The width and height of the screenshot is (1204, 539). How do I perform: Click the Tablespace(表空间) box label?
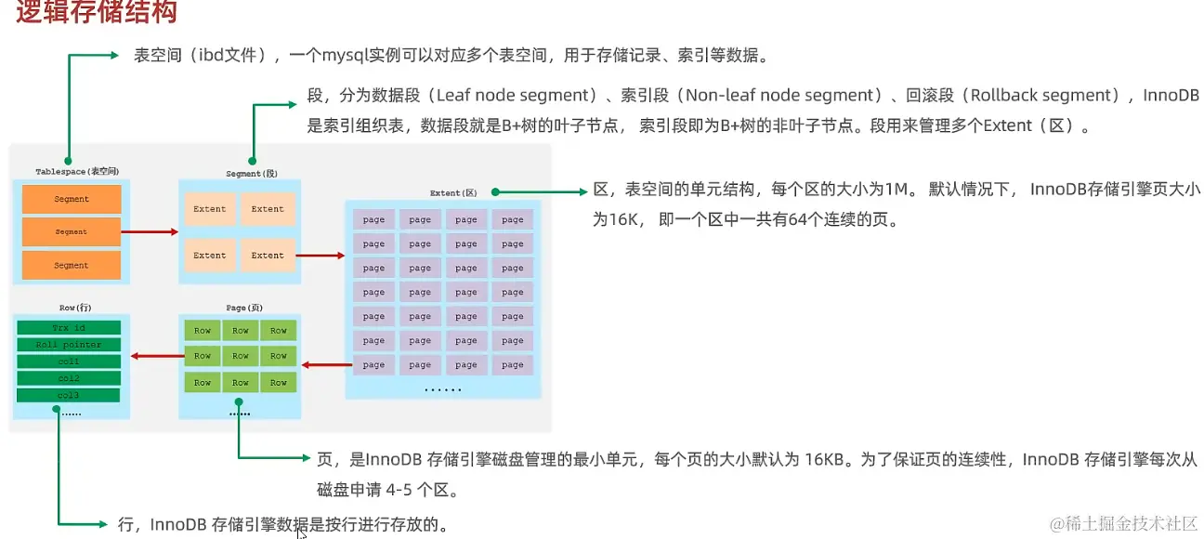click(77, 172)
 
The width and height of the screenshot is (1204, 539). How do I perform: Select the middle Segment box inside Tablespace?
click(72, 231)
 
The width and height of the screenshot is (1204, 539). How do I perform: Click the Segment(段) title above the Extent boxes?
click(252, 174)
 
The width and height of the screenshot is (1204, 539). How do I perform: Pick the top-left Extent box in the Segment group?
click(210, 209)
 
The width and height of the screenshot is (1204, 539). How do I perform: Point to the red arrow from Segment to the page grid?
click(321, 255)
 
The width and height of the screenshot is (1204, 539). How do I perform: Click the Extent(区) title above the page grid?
click(452, 192)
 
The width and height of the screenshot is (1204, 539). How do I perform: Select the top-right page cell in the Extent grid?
click(513, 220)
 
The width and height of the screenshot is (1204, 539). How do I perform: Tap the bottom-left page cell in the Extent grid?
click(373, 365)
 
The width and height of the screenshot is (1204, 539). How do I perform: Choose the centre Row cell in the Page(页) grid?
click(241, 356)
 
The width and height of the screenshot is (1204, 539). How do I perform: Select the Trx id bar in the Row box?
click(69, 328)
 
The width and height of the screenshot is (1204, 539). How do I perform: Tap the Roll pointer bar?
click(69, 345)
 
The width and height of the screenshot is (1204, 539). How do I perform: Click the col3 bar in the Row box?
click(69, 396)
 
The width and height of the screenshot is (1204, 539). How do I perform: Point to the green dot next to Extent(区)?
click(496, 192)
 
